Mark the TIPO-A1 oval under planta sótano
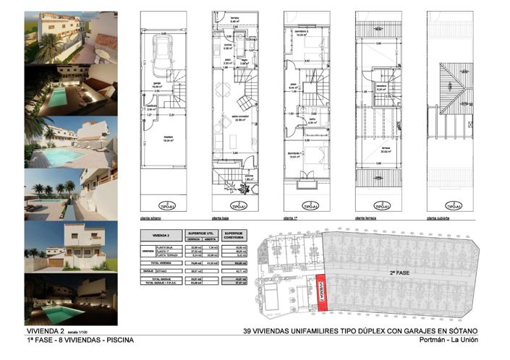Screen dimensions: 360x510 pyautogui.click(x=167, y=206)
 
